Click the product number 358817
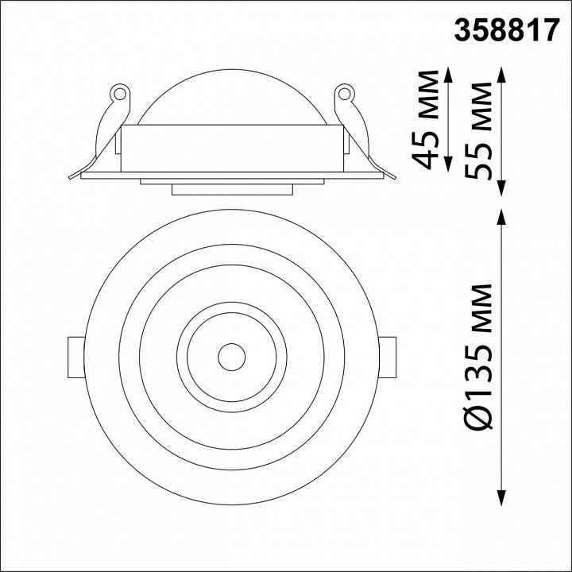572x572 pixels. tap(507, 30)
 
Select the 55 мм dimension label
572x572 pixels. tap(478, 130)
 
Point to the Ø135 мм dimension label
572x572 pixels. tap(478, 356)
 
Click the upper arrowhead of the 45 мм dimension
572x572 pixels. tap(448, 75)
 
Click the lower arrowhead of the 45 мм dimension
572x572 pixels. tap(448, 164)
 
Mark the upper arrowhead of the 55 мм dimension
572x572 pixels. tap(502, 75)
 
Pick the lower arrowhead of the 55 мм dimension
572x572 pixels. tap(502, 187)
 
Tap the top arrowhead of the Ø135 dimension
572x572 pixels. tap(502, 218)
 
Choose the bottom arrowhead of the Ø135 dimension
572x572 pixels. tap(502, 497)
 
